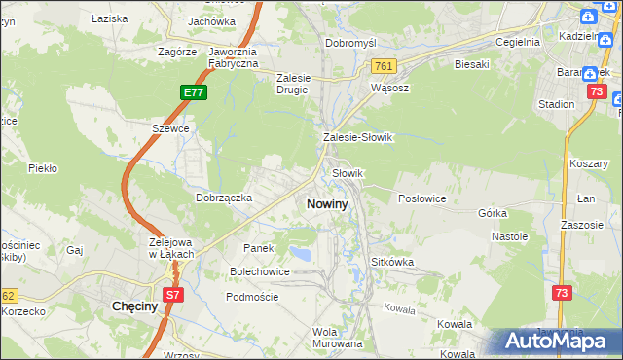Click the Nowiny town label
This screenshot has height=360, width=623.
326,204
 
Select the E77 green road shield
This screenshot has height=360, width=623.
193,92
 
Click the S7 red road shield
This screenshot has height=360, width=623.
172,293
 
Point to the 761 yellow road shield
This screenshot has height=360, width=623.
383,65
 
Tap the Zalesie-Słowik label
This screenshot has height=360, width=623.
357,138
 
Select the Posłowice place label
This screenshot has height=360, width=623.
422,198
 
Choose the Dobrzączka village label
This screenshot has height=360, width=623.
224,198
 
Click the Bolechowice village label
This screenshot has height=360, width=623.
259,271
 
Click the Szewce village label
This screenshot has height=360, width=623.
169,127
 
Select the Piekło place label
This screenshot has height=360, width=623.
43,168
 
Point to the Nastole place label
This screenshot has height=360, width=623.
509,236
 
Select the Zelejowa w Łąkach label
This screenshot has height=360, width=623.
171,248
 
